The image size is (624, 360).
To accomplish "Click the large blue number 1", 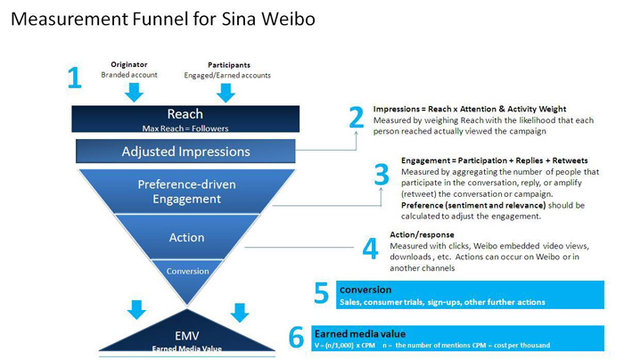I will click(75, 78).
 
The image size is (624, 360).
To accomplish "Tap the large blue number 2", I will click(357, 118).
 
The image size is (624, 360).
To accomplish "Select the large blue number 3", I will click(382, 174).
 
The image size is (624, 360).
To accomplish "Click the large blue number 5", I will click(323, 293).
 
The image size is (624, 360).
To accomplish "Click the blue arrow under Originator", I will click(135, 92).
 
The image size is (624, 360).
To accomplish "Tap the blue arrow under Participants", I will click(229, 92).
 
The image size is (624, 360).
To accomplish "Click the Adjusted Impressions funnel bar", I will click(185, 151).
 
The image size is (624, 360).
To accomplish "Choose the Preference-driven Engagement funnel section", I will click(185, 192).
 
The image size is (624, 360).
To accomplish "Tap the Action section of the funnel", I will click(185, 238).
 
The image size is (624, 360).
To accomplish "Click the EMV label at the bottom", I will click(185, 334).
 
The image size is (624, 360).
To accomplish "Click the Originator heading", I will click(129, 64).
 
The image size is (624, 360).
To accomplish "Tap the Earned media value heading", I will click(354, 332).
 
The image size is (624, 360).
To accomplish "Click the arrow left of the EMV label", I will click(136, 310).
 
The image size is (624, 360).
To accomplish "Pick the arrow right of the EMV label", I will click(238, 312).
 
